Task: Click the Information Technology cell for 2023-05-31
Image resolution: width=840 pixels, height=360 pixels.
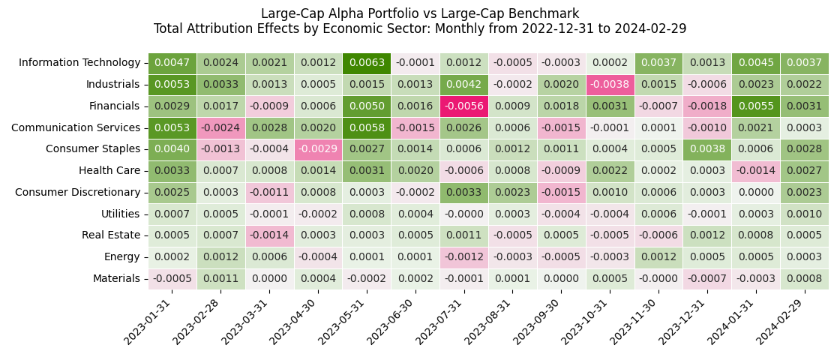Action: point(367,63)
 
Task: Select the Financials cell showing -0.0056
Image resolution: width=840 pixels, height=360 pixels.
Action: point(464,106)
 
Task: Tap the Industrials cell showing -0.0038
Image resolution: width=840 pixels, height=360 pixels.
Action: point(610,85)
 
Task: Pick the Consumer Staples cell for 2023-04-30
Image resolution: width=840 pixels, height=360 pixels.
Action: point(318,149)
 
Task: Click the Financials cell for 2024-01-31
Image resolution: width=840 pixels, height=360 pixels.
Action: point(755,106)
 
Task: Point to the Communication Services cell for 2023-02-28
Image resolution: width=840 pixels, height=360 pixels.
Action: point(221,128)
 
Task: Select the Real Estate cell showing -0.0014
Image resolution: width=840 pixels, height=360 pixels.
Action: point(269,235)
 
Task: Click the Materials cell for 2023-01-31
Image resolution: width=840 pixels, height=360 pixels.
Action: point(172,279)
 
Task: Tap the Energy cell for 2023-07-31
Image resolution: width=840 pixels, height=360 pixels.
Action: point(464,257)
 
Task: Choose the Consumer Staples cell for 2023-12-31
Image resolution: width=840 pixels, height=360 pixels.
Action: point(707,149)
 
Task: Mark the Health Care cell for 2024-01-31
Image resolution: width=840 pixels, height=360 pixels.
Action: point(755,171)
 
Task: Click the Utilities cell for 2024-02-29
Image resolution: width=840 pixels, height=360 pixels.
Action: point(804,214)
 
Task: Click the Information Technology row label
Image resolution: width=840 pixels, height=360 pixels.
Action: point(79,63)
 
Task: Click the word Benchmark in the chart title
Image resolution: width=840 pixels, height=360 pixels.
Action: point(544,13)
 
